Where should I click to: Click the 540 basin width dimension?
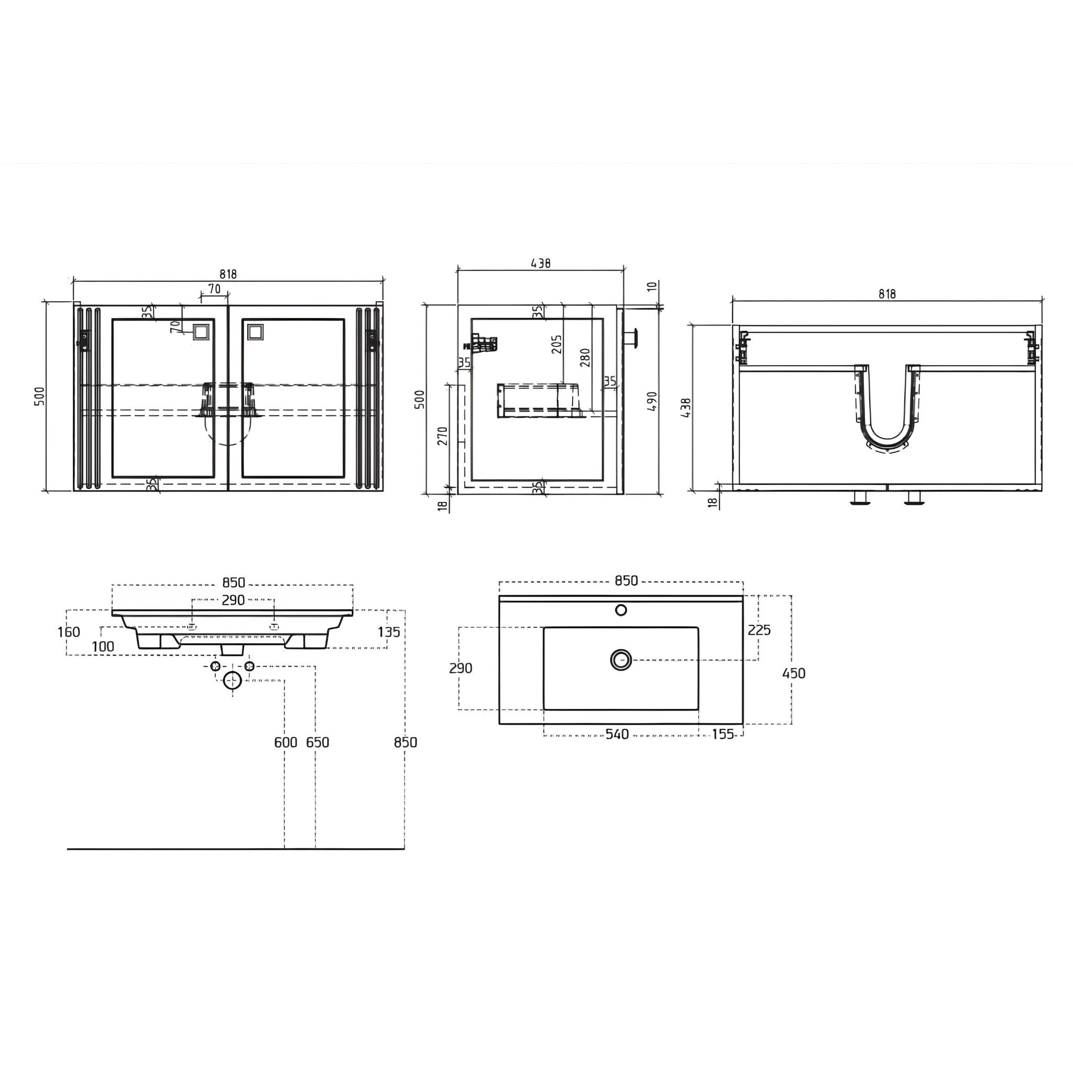pyautogui.click(x=617, y=734)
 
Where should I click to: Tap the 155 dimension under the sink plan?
pyautogui.click(x=722, y=734)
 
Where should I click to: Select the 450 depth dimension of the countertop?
pyautogui.click(x=793, y=673)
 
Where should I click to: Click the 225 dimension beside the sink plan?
pyautogui.click(x=759, y=630)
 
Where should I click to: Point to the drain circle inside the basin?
pyautogui.click(x=621, y=660)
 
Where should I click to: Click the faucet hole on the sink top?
pyautogui.click(x=621, y=610)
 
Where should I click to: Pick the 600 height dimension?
pyautogui.click(x=286, y=742)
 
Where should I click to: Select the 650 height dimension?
pyautogui.click(x=317, y=742)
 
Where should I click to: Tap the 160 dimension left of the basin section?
pyautogui.click(x=69, y=632)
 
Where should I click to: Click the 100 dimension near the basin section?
pyautogui.click(x=103, y=647)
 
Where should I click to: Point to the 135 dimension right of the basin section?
pyautogui.click(x=389, y=632)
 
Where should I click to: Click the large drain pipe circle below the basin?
pyautogui.click(x=232, y=680)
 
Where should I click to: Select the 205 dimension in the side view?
pyautogui.click(x=557, y=344)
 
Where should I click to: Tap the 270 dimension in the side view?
pyautogui.click(x=443, y=436)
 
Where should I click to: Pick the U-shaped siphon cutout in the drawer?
pyautogui.click(x=887, y=411)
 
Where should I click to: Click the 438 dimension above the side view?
pyautogui.click(x=540, y=263)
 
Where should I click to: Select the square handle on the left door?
pyautogui.click(x=200, y=333)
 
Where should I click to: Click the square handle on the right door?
pyautogui.click(x=256, y=333)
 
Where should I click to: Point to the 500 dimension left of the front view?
pyautogui.click(x=39, y=396)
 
